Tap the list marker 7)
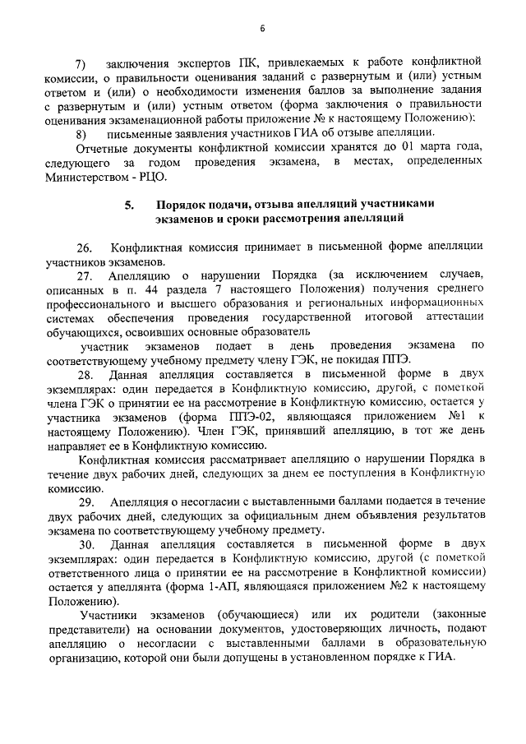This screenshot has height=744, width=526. click(x=81, y=63)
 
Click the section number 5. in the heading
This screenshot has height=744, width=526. click(x=130, y=204)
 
